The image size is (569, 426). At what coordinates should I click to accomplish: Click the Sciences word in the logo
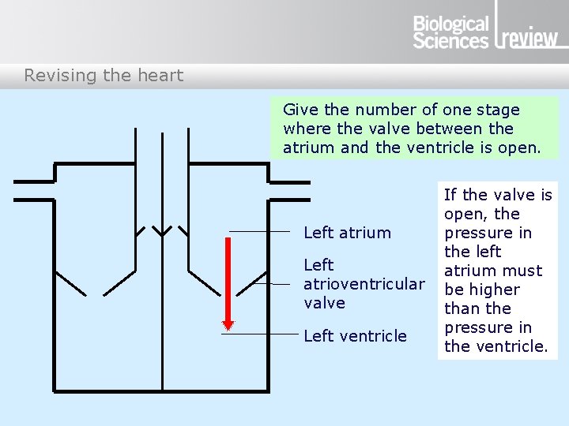pyautogui.click(x=451, y=41)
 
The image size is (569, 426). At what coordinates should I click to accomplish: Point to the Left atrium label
pyautogui.click(x=347, y=233)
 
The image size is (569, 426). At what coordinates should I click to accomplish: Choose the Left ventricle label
pyautogui.click(x=355, y=336)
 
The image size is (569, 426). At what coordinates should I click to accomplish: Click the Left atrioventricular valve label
pyautogui.click(x=364, y=284)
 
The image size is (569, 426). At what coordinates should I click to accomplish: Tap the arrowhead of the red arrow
pyautogui.click(x=228, y=324)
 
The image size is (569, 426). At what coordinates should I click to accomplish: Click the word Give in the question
pyautogui.click(x=300, y=110)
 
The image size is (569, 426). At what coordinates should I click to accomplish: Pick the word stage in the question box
pyautogui.click(x=499, y=110)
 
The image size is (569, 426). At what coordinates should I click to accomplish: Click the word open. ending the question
pyautogui.click(x=519, y=148)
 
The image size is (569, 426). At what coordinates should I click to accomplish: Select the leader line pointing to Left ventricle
pyautogui.click(x=261, y=334)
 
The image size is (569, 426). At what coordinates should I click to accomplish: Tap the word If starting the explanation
pyautogui.click(x=450, y=195)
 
